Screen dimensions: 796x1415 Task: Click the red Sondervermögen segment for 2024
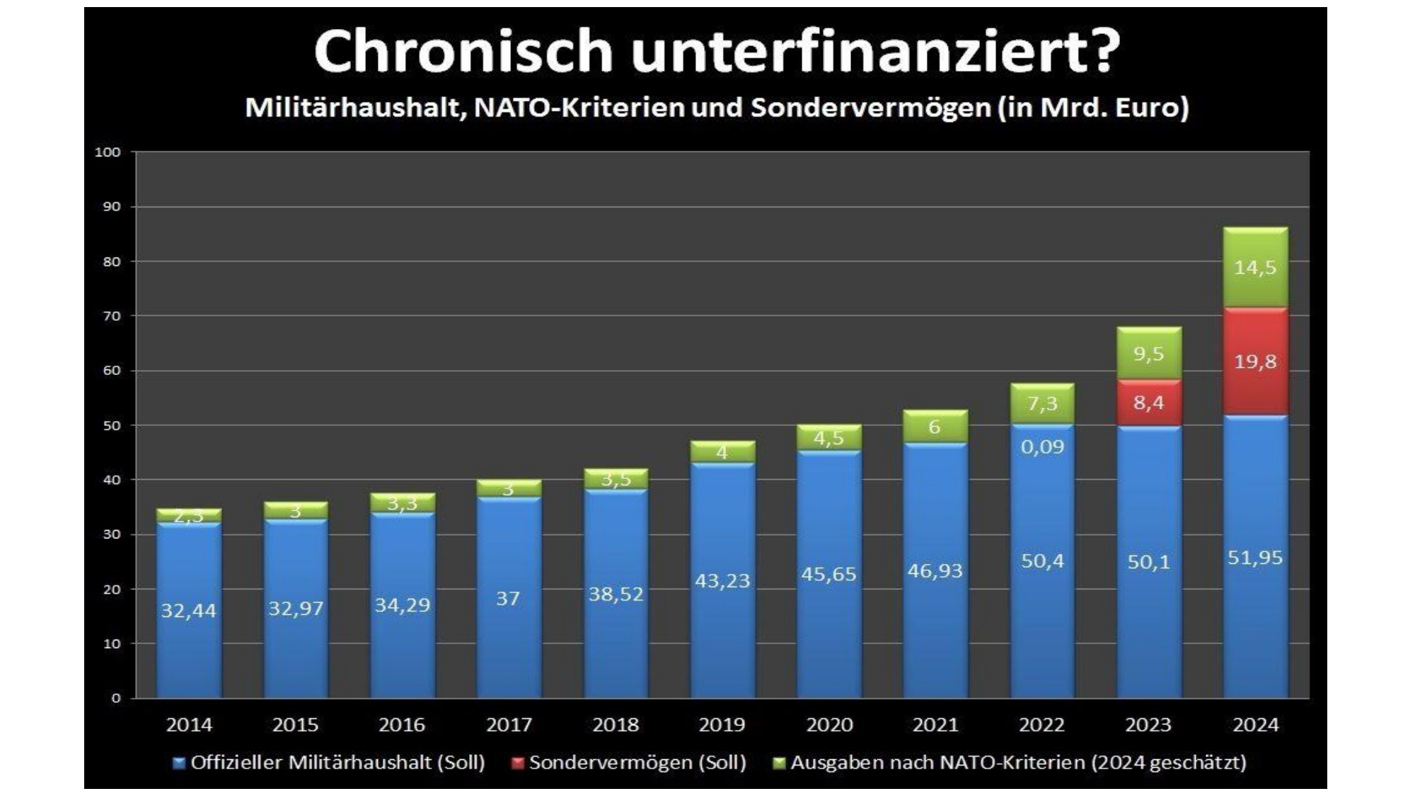point(1255,362)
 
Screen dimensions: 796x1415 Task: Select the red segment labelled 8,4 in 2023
point(1148,403)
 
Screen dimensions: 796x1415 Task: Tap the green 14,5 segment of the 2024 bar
point(1255,267)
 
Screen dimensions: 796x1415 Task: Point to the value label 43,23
point(722,580)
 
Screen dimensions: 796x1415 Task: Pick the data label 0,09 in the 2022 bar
point(1041,446)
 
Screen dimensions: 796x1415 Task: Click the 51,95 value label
point(1255,558)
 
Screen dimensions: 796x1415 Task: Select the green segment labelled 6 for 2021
point(935,427)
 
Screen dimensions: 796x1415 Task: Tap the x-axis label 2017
point(508,725)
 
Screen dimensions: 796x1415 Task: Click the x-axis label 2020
point(828,725)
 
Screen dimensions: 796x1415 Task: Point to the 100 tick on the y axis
point(108,152)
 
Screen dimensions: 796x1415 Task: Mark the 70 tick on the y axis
point(110,316)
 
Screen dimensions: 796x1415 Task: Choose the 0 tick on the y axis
point(116,698)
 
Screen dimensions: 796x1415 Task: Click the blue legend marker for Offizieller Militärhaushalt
point(179,763)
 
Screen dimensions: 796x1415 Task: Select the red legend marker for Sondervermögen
point(517,763)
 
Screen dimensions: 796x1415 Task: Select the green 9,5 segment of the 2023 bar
point(1148,353)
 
